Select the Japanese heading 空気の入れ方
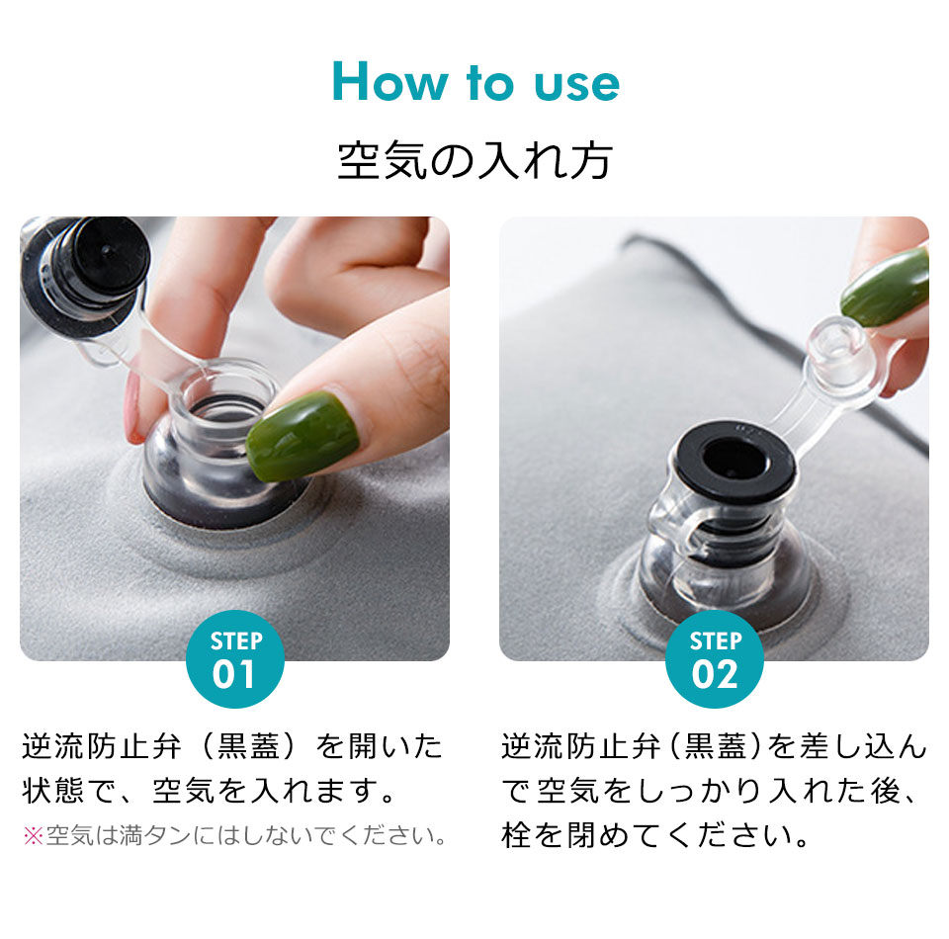(475, 161)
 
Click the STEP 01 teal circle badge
(235, 659)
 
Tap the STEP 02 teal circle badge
(714, 659)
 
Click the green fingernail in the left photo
(302, 435)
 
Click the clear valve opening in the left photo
(225, 400)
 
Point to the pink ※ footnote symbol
(33, 836)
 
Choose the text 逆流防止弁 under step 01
(102, 746)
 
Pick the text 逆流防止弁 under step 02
(581, 746)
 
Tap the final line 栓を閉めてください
(655, 835)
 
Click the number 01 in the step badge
(233, 674)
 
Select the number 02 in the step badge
(715, 674)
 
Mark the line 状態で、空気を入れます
(209, 790)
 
